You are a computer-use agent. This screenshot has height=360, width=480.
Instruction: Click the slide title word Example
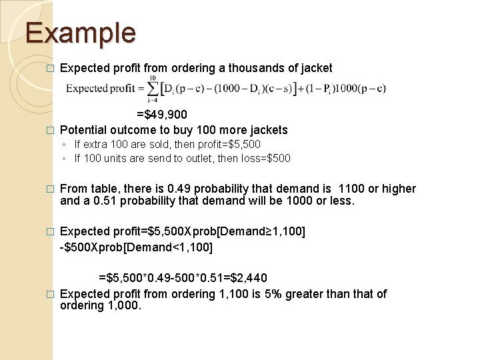pos(80,33)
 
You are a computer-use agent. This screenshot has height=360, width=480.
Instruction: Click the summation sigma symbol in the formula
pos(153,88)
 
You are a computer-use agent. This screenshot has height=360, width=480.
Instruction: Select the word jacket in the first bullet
pos(316,67)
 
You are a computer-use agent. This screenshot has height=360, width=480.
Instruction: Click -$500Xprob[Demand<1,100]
pos(137,247)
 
